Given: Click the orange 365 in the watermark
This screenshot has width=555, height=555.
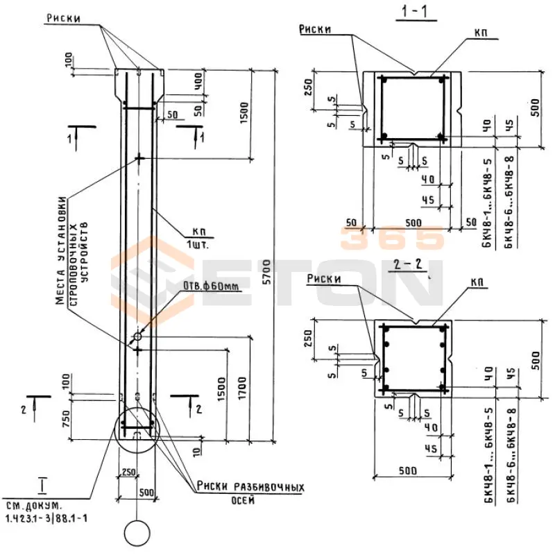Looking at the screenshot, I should click(391, 238).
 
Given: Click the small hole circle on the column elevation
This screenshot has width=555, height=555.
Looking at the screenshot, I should click(137, 336).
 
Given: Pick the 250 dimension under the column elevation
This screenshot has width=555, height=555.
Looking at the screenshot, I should click(128, 472).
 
